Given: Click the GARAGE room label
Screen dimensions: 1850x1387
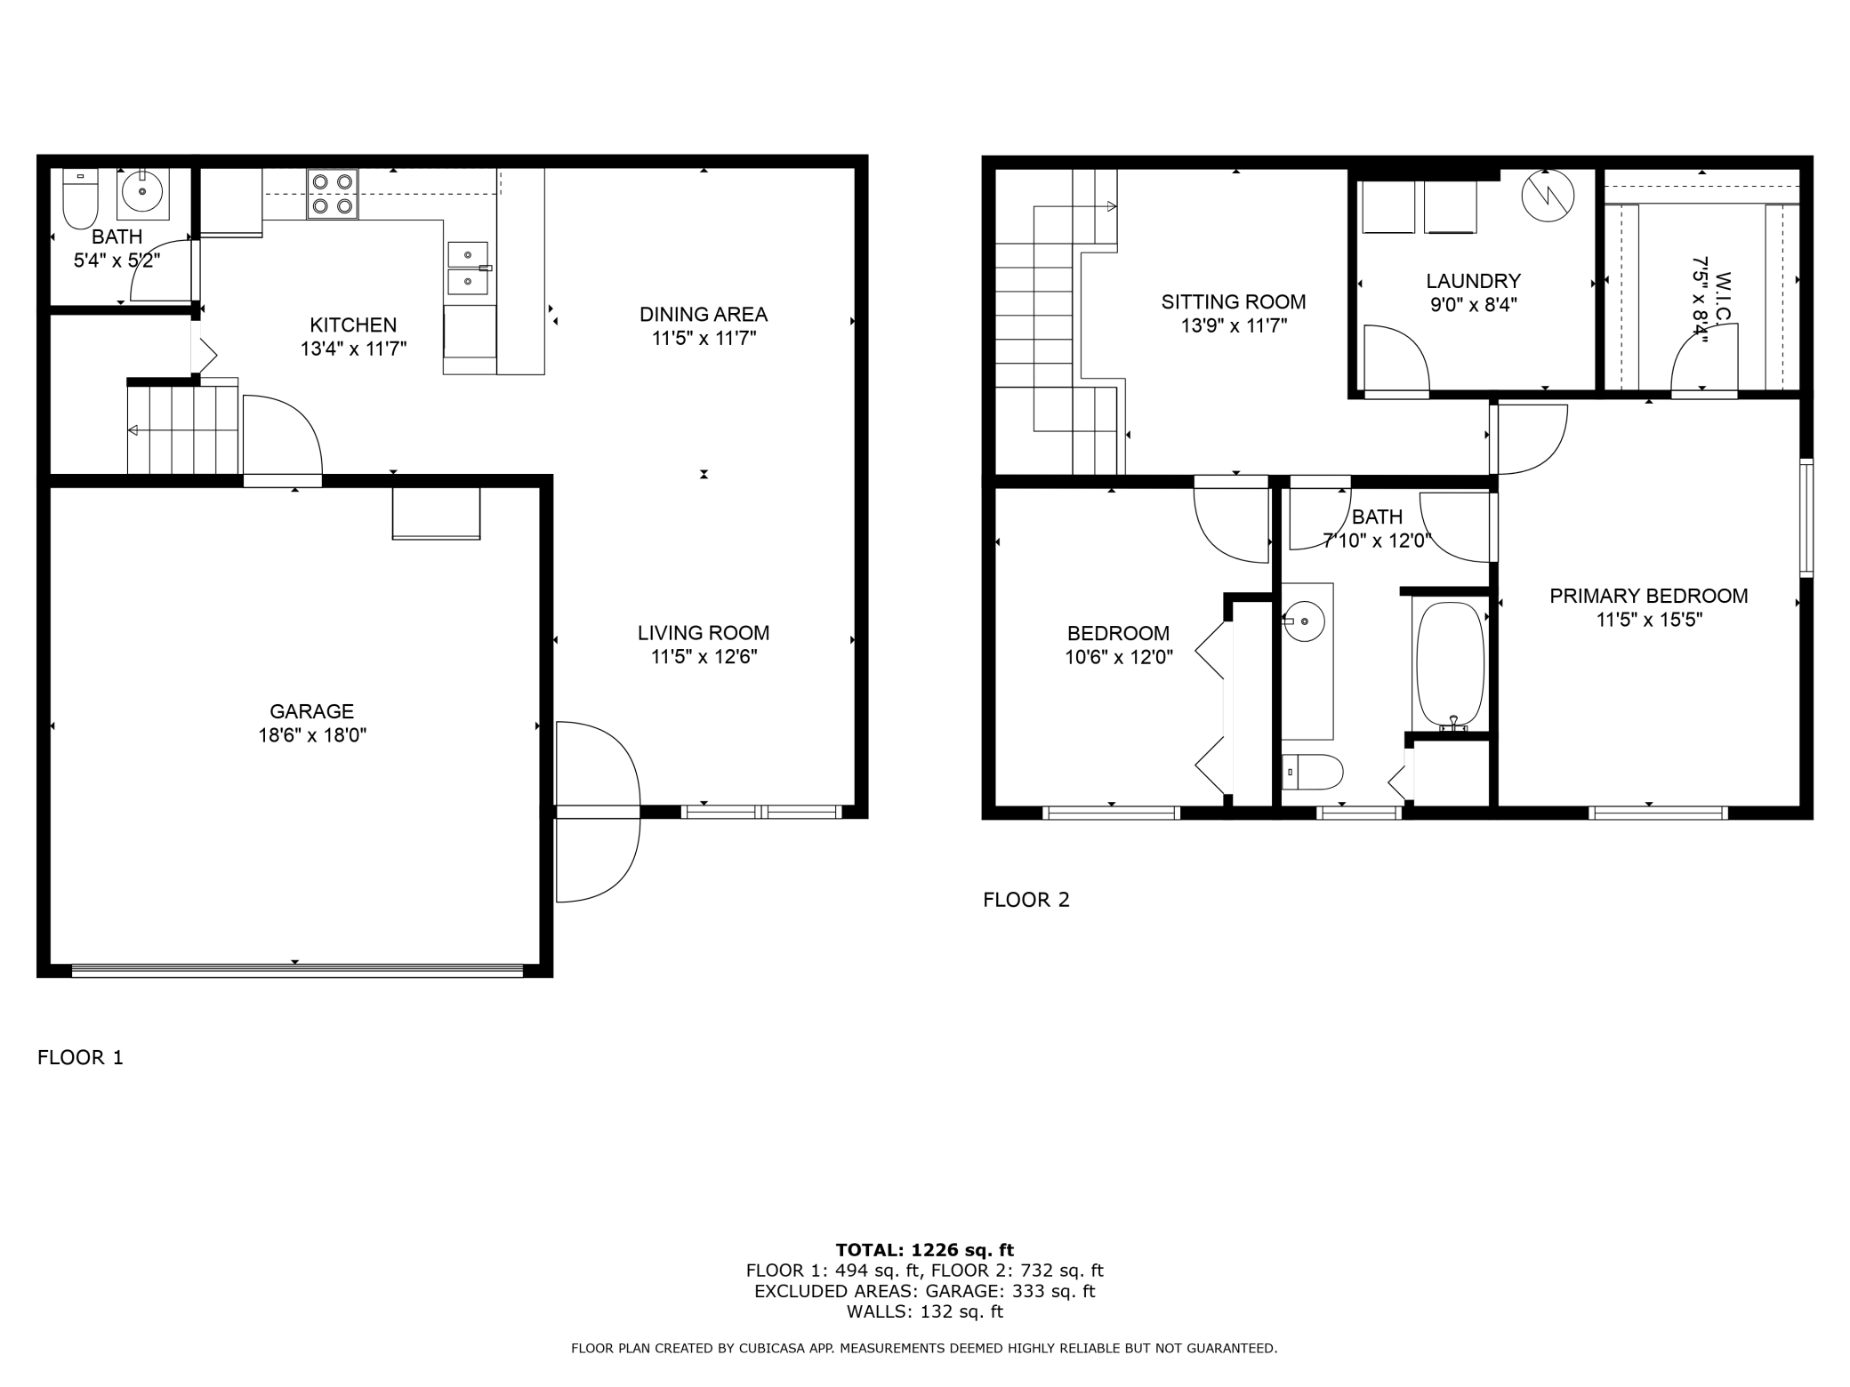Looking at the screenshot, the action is [312, 711].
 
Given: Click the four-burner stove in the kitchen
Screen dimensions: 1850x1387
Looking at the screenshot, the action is [333, 194].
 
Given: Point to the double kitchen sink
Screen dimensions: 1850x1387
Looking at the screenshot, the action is [468, 268].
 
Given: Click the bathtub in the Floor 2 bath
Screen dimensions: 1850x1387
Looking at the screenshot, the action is [1451, 666].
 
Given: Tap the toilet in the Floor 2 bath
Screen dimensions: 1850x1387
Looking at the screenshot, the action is [1313, 772].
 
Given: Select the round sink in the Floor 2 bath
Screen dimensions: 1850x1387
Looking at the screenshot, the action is [1304, 621].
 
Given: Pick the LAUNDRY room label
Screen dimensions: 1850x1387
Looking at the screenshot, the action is [1473, 281].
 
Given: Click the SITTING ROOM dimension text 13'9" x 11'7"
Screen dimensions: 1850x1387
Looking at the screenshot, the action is [1234, 325].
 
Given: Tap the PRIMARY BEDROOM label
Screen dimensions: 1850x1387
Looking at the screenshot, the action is [1649, 596].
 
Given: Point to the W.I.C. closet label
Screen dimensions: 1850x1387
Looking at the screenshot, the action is [1722, 286].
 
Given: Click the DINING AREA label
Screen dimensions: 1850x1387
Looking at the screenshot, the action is [704, 314].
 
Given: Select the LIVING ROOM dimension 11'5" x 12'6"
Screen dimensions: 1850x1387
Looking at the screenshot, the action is [704, 657].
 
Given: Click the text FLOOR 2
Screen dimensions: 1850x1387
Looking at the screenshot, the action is [1026, 900].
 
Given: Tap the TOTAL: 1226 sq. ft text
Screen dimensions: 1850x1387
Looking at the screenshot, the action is [925, 1250].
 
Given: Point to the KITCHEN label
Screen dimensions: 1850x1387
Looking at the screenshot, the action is [353, 325].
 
